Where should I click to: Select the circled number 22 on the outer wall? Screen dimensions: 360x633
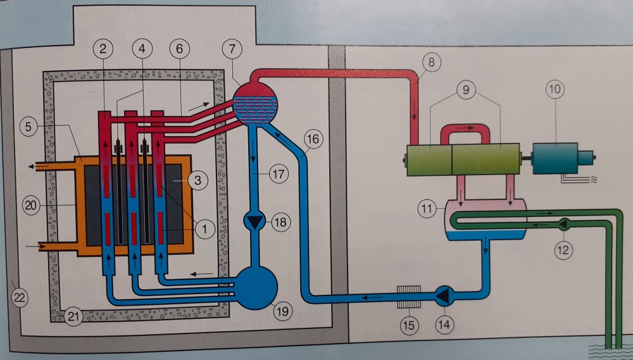(x=20, y=299)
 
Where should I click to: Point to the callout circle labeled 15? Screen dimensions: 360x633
(x=409, y=327)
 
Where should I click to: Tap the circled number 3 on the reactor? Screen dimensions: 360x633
(x=198, y=181)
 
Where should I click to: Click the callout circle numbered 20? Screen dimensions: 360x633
(x=30, y=205)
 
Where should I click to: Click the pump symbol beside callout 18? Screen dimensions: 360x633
(x=255, y=221)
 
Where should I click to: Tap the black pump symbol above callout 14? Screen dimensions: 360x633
(x=444, y=294)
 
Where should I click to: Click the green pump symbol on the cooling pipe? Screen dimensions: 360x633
(x=561, y=223)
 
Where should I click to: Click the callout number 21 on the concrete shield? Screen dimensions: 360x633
(x=73, y=317)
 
